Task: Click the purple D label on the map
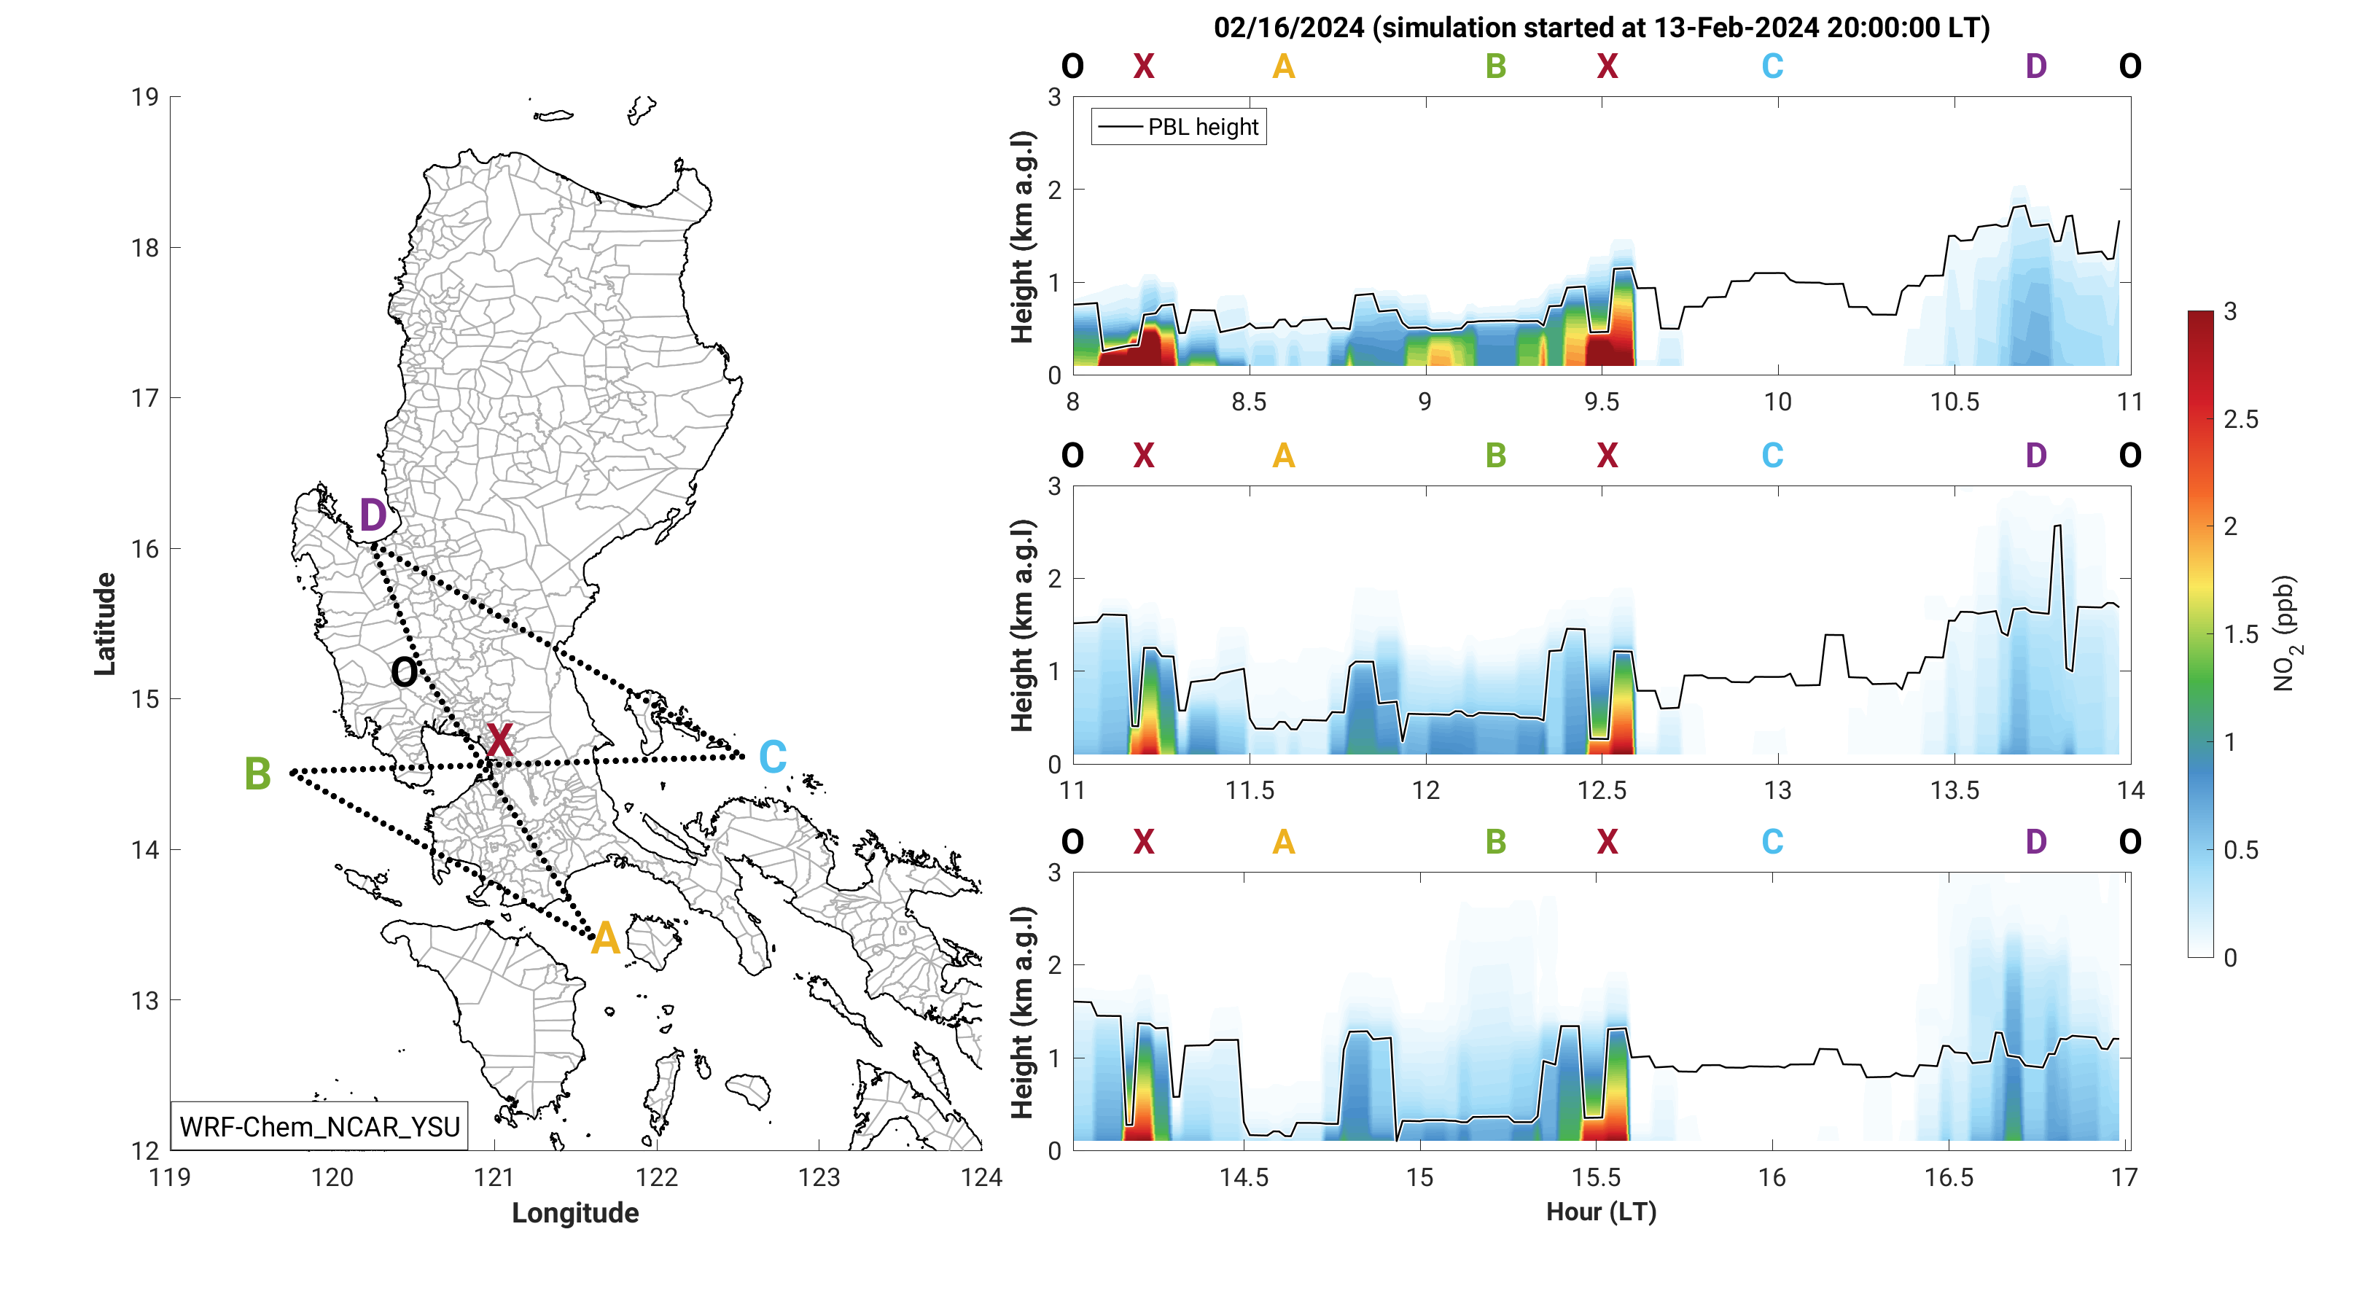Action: pyautogui.click(x=373, y=516)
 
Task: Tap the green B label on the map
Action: pyautogui.click(x=257, y=775)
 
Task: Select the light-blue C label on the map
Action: pyautogui.click(x=773, y=757)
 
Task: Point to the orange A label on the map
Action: pyautogui.click(x=605, y=939)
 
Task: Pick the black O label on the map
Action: pyautogui.click(x=404, y=674)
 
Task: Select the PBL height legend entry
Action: pyautogui.click(x=1179, y=127)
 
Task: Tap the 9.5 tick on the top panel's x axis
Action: pyautogui.click(x=1601, y=402)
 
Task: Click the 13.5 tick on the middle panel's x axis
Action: pyautogui.click(x=1954, y=790)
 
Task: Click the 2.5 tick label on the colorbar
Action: pyautogui.click(x=2241, y=419)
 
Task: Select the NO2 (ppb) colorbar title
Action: pyautogui.click(x=2285, y=633)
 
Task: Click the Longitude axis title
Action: pyautogui.click(x=574, y=1212)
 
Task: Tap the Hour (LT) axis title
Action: pyautogui.click(x=1601, y=1212)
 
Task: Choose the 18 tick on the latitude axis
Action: pyautogui.click(x=144, y=248)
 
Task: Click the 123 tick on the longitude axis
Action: pyautogui.click(x=819, y=1178)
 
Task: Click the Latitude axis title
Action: pyautogui.click(x=105, y=624)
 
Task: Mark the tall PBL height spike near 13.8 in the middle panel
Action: pyautogui.click(x=2058, y=527)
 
